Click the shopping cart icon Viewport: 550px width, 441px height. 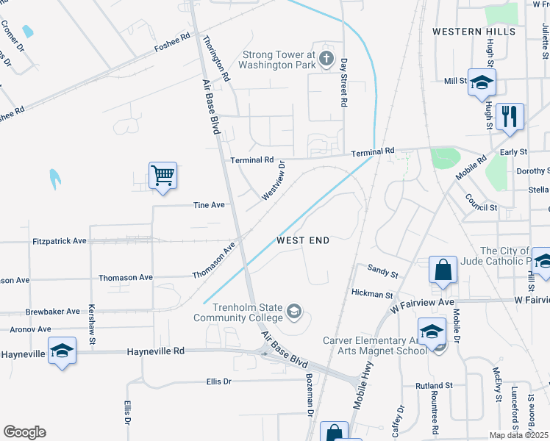162,176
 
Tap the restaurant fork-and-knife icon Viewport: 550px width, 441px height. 509,116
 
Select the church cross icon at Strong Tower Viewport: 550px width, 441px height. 326,60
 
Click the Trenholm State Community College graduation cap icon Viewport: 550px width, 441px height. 294,312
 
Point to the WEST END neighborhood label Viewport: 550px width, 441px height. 303,240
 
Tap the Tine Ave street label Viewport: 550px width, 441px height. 208,205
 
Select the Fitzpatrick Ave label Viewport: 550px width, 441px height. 60,240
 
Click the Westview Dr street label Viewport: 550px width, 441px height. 273,184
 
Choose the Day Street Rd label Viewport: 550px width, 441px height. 343,84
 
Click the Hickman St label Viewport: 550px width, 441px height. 372,294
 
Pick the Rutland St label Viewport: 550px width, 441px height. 434,385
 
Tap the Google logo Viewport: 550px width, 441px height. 24,432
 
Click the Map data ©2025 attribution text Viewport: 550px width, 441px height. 519,435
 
